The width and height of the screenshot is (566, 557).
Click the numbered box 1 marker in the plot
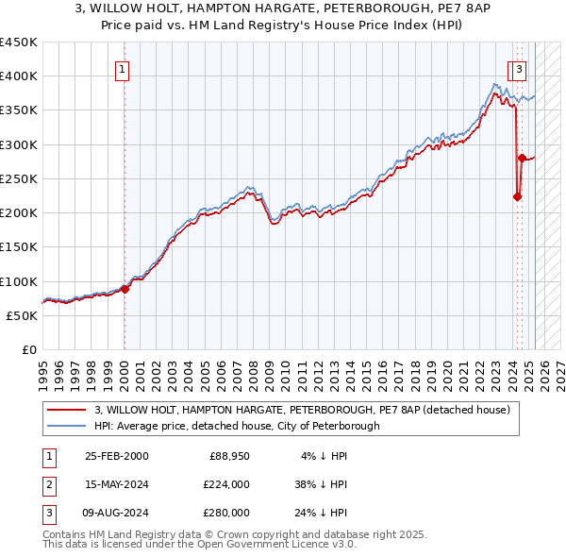click(124, 68)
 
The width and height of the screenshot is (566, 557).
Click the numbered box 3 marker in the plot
click(520, 68)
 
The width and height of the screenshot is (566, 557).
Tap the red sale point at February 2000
click(125, 289)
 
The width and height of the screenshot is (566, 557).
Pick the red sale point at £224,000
click(517, 196)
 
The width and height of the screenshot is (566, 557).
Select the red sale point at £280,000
click(521, 159)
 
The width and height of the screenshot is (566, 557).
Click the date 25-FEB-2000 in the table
click(116, 456)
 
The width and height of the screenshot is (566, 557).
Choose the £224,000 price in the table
click(225, 484)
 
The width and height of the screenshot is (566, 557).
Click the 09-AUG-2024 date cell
click(116, 513)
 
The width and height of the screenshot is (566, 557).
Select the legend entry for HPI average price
click(236, 426)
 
